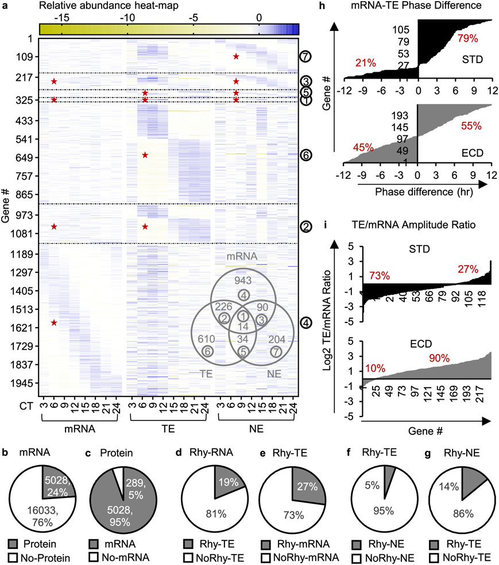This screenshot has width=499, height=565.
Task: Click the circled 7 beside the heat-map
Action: (305, 57)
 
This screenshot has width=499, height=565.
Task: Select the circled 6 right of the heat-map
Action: (305, 155)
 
